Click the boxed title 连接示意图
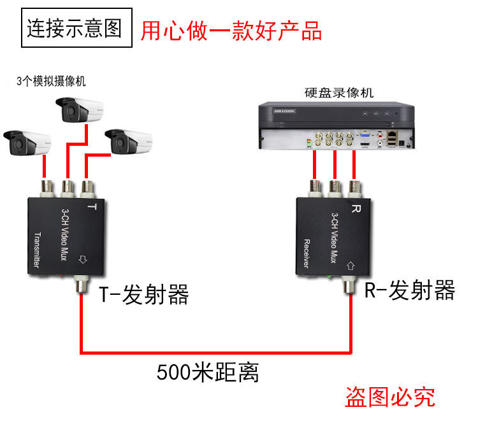(x=74, y=29)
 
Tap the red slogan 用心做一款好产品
(x=231, y=31)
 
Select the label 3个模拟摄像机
(x=51, y=82)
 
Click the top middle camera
(x=78, y=111)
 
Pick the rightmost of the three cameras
(x=130, y=141)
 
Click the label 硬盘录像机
(x=339, y=93)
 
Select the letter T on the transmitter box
(x=91, y=208)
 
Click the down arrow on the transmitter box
(x=81, y=260)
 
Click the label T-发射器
(x=144, y=294)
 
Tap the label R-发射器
(x=410, y=291)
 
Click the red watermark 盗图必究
(x=390, y=397)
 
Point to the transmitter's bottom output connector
(x=80, y=285)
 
